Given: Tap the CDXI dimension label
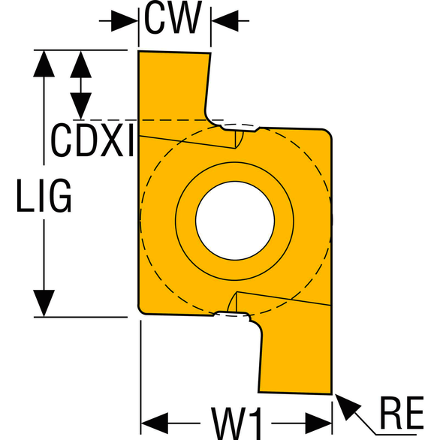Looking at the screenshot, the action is [x=93, y=140].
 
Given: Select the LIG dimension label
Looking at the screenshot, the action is [x=44, y=195].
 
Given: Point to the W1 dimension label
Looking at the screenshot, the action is [x=237, y=423].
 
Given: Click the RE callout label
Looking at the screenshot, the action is [x=401, y=412].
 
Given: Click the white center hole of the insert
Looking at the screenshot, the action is [x=235, y=221].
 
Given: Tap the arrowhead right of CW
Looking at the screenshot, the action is [x=225, y=21].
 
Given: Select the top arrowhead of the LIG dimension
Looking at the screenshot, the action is [x=44, y=63].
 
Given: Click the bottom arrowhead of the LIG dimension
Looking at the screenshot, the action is [x=44, y=303].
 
